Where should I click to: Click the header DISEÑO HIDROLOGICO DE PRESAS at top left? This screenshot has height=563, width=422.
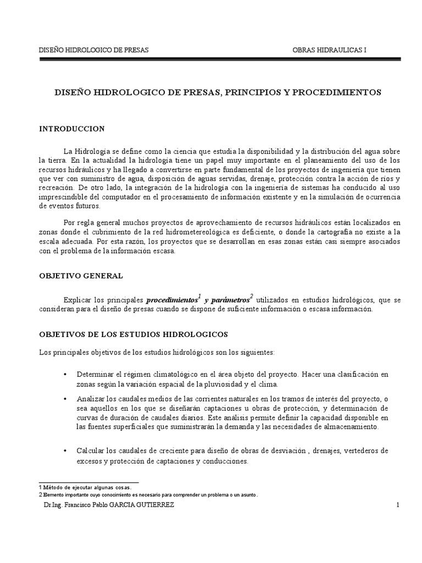(x=93, y=50)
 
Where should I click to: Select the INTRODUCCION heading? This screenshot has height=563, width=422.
(x=71, y=129)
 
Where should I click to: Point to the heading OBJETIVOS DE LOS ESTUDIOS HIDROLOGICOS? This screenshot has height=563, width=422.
(x=129, y=334)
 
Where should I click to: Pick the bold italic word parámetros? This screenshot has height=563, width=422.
(x=228, y=301)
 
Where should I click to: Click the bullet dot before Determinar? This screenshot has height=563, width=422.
(x=65, y=374)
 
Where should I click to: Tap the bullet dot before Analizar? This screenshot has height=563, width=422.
(x=65, y=398)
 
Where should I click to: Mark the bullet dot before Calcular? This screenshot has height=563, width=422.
(x=65, y=450)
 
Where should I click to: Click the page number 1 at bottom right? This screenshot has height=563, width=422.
(x=397, y=505)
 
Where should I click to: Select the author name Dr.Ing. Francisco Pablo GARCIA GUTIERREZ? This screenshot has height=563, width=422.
(x=108, y=505)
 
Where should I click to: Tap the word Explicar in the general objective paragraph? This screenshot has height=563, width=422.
(x=76, y=301)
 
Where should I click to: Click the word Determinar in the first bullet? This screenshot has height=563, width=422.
(x=95, y=374)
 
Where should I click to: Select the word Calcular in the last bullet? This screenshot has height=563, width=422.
(x=91, y=450)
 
